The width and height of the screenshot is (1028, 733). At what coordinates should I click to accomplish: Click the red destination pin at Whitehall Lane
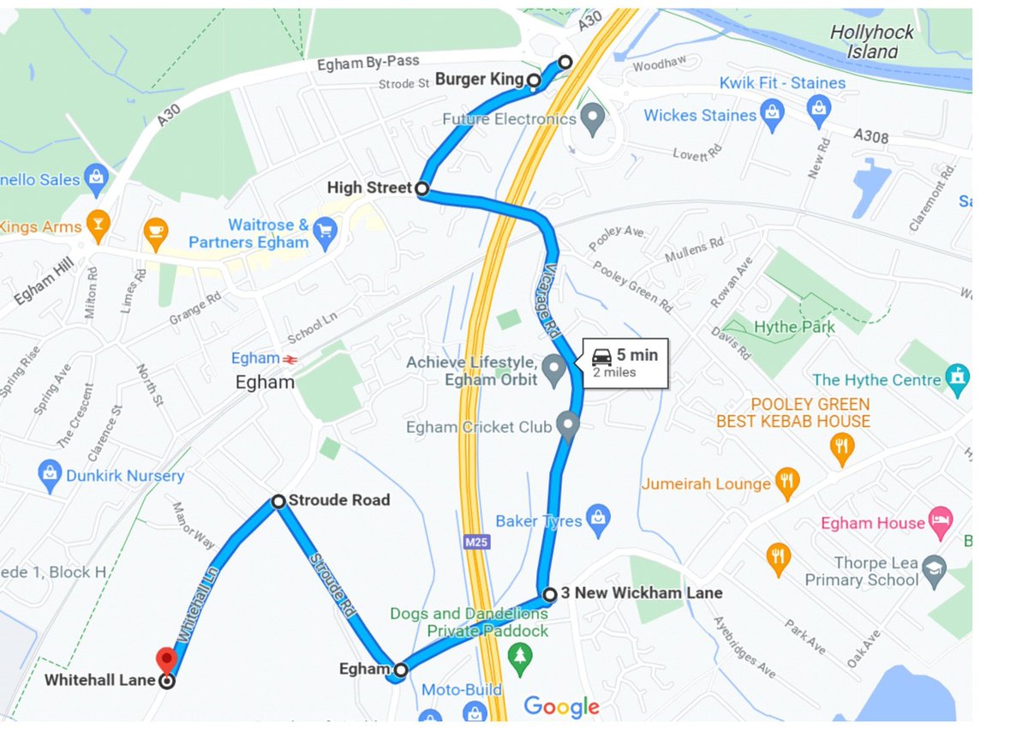click(166, 660)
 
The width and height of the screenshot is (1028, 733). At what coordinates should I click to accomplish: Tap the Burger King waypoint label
click(479, 80)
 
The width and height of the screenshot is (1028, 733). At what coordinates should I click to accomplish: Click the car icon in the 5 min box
click(602, 355)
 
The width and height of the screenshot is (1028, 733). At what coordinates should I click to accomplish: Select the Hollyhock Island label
click(871, 42)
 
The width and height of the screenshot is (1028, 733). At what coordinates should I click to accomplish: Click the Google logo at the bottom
click(561, 706)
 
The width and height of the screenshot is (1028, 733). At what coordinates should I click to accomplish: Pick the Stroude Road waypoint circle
click(278, 501)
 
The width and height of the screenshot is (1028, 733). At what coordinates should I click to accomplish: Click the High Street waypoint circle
click(421, 188)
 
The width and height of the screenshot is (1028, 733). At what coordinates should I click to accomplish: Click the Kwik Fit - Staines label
click(782, 83)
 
